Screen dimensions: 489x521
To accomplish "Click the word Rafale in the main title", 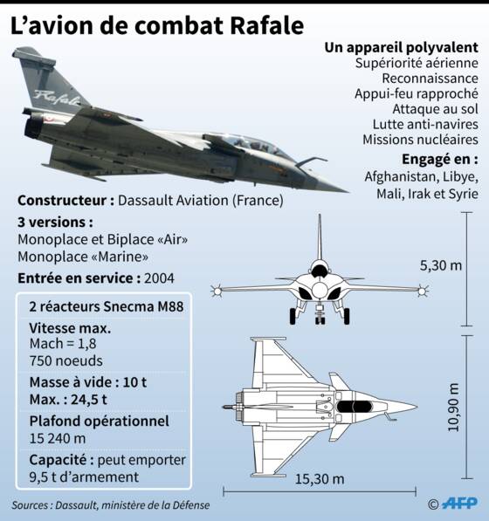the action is coord(266,25).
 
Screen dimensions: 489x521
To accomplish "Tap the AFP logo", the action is coord(459,503).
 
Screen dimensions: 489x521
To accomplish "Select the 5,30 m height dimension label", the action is coord(441,265).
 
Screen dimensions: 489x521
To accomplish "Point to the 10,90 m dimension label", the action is coord(453,408).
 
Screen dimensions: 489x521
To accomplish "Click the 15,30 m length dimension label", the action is coord(320,479).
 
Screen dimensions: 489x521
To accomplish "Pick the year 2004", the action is coord(159,278).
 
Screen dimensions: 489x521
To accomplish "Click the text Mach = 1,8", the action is coord(63,344).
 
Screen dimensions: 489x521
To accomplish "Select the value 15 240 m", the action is coord(58,439).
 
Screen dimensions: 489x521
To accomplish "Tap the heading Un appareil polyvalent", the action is coord(401,48).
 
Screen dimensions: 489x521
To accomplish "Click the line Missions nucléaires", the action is coord(420,140).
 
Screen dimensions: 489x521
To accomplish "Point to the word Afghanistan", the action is coord(401,176).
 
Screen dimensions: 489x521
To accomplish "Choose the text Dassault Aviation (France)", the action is coord(201,201).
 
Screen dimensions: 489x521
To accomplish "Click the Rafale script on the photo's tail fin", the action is coord(57,97).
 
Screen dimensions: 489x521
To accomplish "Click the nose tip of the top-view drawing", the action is coord(417,407).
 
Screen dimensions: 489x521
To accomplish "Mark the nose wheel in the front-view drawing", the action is coord(320,320).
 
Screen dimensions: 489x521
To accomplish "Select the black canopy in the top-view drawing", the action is coord(354,407).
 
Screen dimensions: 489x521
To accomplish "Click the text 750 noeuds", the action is coord(65,360).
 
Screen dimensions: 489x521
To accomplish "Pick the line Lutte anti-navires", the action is coord(425,124).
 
